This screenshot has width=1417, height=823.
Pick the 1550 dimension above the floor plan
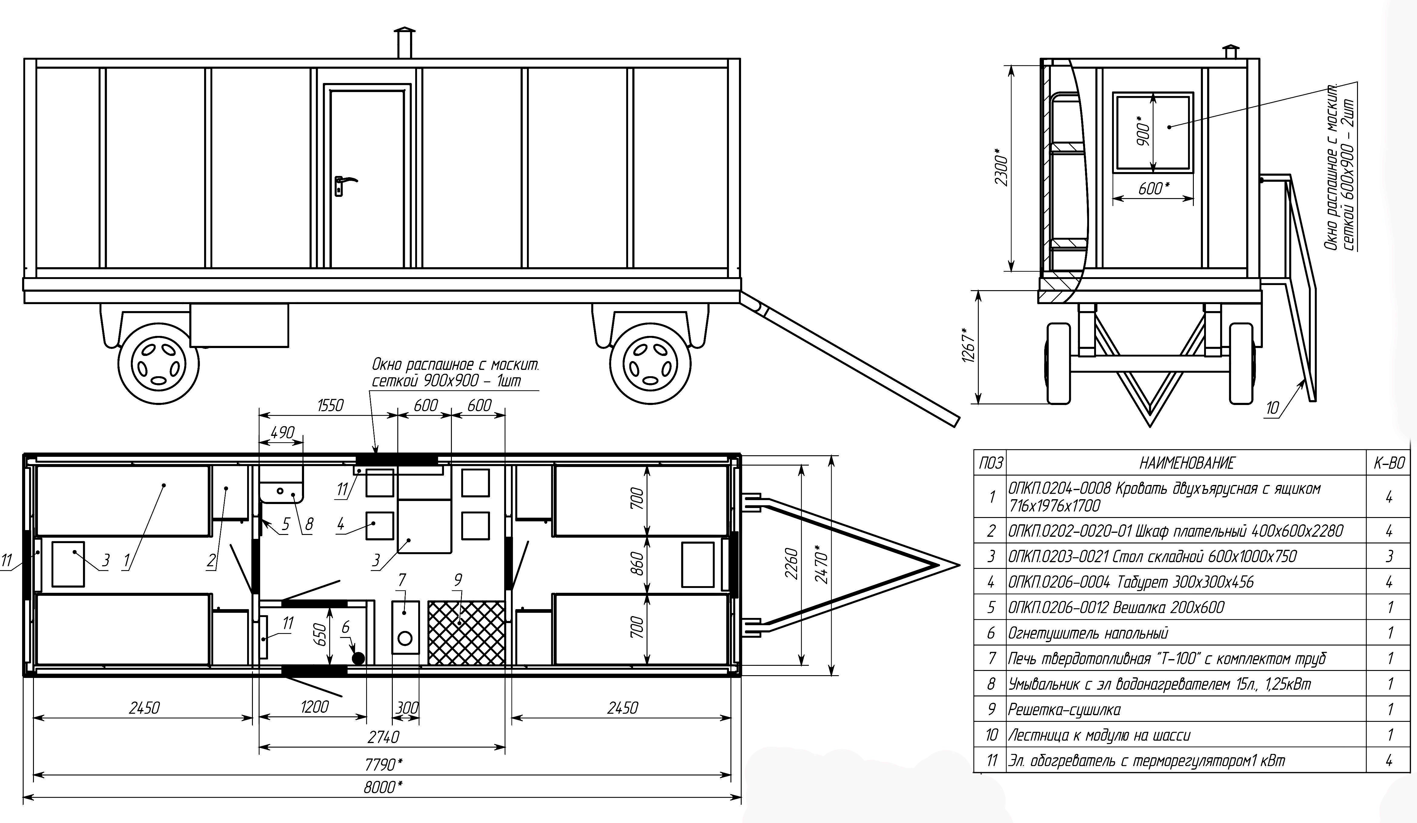point(330,405)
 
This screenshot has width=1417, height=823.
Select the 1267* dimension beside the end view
point(968,345)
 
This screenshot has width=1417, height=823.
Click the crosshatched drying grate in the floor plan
point(466,632)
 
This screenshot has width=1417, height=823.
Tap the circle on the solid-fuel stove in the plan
point(405,638)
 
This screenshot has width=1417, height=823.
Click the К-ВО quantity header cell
point(1389,463)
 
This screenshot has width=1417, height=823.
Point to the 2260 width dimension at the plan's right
point(791,565)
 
